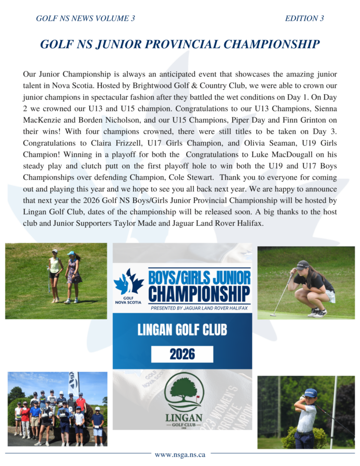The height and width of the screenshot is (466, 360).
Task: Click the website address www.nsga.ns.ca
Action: point(180,454)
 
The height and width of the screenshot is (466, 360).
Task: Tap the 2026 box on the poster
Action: point(182,354)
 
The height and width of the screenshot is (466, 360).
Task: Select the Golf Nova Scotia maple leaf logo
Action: point(127,285)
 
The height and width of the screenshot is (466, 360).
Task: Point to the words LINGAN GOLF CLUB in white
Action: point(182,331)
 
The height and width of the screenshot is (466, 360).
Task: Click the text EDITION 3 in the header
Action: point(304,19)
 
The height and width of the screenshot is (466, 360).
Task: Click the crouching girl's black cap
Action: point(302,264)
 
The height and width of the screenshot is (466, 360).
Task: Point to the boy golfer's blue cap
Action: point(310,393)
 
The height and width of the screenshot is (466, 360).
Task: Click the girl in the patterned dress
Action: point(73,276)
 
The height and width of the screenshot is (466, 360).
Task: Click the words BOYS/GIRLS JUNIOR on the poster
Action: point(199,278)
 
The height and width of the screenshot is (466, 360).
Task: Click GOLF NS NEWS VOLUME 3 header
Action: point(86,19)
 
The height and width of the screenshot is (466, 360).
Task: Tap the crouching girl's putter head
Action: point(273,315)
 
